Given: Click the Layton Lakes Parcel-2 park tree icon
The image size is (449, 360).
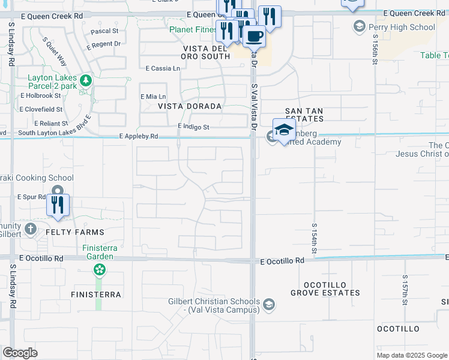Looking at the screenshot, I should (x=86, y=80).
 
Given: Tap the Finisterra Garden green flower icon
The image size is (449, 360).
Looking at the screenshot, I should (x=98, y=270).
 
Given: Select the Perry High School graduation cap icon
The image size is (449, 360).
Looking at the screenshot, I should (x=359, y=26).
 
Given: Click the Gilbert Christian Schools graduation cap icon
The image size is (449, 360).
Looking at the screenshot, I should (x=269, y=305).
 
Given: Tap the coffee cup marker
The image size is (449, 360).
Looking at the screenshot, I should (x=255, y=36).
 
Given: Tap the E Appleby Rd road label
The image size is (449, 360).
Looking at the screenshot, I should (x=139, y=137).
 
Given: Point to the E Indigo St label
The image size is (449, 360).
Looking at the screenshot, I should (x=193, y=127).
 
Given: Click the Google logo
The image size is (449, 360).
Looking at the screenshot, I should (x=20, y=353).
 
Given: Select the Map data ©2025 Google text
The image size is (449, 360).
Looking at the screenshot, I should (x=411, y=355).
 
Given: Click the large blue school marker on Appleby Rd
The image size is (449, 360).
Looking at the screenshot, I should (x=283, y=130).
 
